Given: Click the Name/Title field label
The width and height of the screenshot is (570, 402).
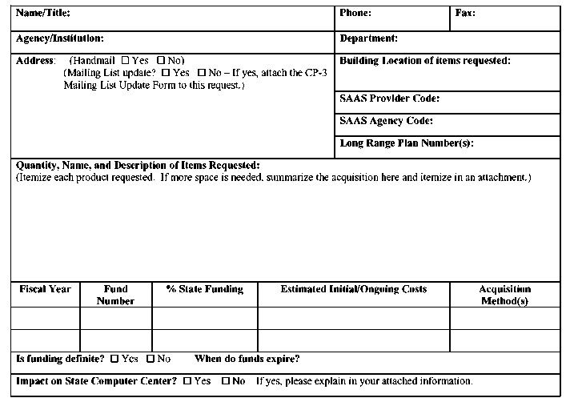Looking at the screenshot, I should click(x=43, y=14).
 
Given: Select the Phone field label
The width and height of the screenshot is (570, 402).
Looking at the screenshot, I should click(x=355, y=14).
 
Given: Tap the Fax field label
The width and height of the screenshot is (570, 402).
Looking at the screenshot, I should click(x=465, y=14).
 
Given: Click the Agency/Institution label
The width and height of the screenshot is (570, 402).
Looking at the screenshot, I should click(x=60, y=38).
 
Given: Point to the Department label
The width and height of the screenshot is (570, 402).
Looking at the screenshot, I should click(x=369, y=38).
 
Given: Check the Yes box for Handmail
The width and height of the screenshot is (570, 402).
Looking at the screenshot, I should click(x=125, y=61).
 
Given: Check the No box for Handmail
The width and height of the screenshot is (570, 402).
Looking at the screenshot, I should click(x=161, y=61).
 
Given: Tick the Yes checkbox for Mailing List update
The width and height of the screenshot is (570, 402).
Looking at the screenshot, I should click(x=165, y=73).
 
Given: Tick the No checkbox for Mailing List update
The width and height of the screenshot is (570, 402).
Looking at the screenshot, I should click(x=202, y=73).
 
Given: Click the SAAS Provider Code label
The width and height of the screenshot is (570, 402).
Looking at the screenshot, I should click(x=390, y=99).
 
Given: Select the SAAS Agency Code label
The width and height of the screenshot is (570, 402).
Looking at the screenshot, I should click(x=387, y=122).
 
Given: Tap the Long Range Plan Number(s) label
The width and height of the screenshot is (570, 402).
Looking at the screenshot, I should click(x=407, y=144).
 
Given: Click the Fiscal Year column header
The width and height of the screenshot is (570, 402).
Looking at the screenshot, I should click(x=45, y=290).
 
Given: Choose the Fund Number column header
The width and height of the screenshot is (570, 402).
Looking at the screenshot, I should click(x=115, y=295).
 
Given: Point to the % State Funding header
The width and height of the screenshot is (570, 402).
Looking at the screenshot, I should click(x=204, y=290).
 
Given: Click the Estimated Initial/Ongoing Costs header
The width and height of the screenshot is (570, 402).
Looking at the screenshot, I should click(x=353, y=290).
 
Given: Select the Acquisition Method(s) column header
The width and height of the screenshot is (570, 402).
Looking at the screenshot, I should click(x=504, y=295).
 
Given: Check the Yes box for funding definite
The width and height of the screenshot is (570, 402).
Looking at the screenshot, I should click(x=114, y=359).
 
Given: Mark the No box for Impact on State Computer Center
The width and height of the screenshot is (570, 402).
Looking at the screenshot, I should click(x=227, y=382).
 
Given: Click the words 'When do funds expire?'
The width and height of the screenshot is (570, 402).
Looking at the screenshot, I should click(x=247, y=359).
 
